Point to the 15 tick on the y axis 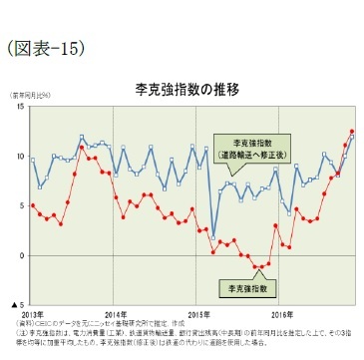point(20,107)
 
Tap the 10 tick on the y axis point(20,157)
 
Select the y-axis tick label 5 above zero point(22,205)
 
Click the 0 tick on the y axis point(22,255)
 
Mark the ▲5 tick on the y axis point(18,304)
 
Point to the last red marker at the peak point(351,131)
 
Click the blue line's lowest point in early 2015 point(213,238)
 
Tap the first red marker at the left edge point(33,205)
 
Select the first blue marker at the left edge point(33,160)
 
